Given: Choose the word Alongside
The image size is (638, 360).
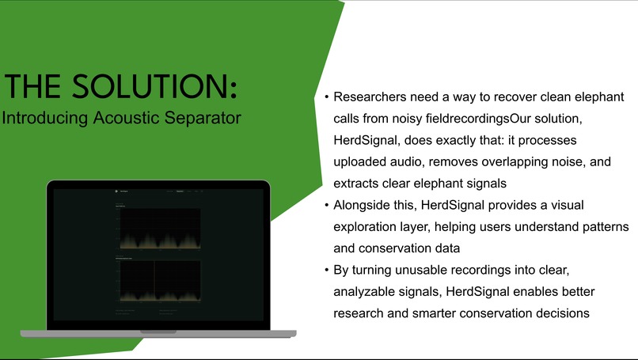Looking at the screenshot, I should (365, 205).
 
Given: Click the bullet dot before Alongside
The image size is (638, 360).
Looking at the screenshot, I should (326, 205).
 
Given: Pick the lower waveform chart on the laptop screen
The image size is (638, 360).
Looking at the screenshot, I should (159, 281).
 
